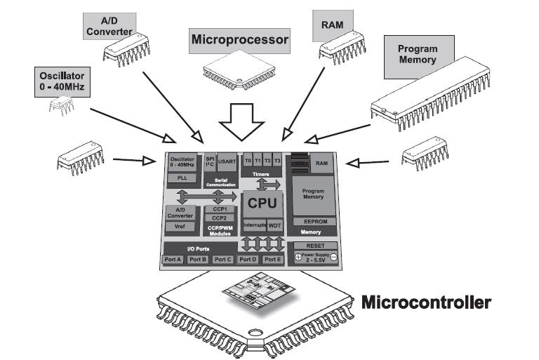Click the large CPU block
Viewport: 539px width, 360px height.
pos(263,204)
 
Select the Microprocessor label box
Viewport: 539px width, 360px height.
pos(240,40)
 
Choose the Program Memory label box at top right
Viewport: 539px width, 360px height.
pos(417,55)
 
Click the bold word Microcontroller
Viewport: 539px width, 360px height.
pos(425,304)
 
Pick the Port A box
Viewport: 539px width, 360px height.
pos(173,259)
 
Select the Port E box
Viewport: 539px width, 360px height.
pos(272,259)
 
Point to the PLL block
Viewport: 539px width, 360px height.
pos(182,178)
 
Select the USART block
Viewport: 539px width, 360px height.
pos(227,162)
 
